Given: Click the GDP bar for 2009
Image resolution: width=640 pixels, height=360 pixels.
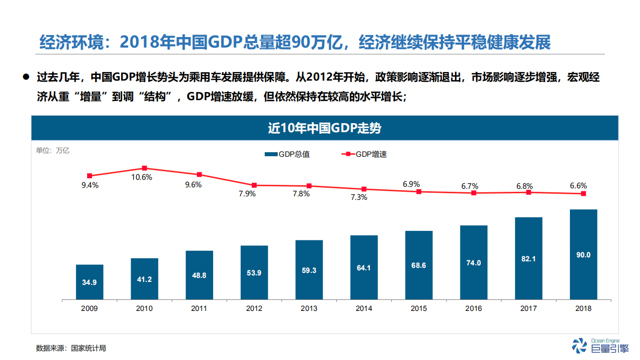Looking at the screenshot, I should coord(90,282).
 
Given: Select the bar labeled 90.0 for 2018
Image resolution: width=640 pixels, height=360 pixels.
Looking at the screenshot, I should coord(583,255).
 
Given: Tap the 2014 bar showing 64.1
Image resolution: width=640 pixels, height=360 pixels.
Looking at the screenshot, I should coord(364,267).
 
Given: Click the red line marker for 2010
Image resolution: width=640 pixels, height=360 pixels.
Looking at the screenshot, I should coord(144,168).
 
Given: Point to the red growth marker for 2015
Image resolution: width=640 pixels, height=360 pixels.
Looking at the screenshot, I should coord(419,191).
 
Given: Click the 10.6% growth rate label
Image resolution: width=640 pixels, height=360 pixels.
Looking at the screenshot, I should coord(142,177).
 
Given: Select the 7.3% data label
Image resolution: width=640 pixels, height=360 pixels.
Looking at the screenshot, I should coord(358,197).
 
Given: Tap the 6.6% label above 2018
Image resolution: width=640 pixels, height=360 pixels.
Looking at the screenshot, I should coord(578,185).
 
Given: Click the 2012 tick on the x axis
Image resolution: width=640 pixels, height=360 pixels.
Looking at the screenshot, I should coord(254,308).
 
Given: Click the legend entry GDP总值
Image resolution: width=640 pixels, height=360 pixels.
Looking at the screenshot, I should coord(288,154).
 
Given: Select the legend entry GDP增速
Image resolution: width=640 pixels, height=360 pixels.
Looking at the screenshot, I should coord(365,154).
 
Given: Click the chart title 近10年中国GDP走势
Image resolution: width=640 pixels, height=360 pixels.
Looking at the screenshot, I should coord(324,128).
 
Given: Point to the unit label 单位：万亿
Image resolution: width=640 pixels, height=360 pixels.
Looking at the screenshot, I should coord(53,150).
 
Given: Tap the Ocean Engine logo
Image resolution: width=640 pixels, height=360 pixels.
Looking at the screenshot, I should coord(595,345).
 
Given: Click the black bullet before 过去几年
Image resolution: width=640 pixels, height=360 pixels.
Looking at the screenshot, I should coord(26,78).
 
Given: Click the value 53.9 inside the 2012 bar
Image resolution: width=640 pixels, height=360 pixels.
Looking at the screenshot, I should coord(254,273).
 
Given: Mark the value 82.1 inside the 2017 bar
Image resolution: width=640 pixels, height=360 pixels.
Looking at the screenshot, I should coord(528,259).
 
